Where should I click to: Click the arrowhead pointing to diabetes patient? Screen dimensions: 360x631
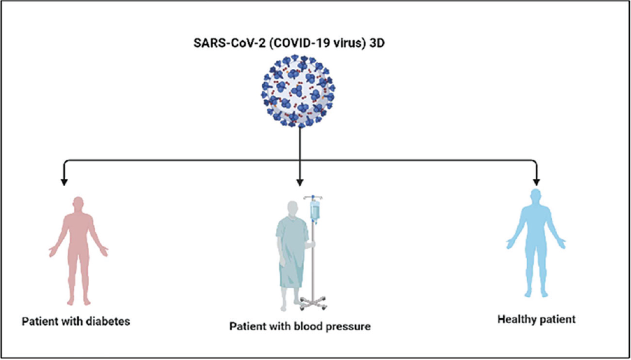coord(63,182)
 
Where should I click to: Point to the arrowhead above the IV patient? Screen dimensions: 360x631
coord(300,182)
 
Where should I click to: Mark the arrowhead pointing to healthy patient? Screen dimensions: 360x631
coord(537,182)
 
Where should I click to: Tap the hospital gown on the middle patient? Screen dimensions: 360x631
coord(291,252)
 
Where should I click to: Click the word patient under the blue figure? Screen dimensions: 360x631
coord(557,319)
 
